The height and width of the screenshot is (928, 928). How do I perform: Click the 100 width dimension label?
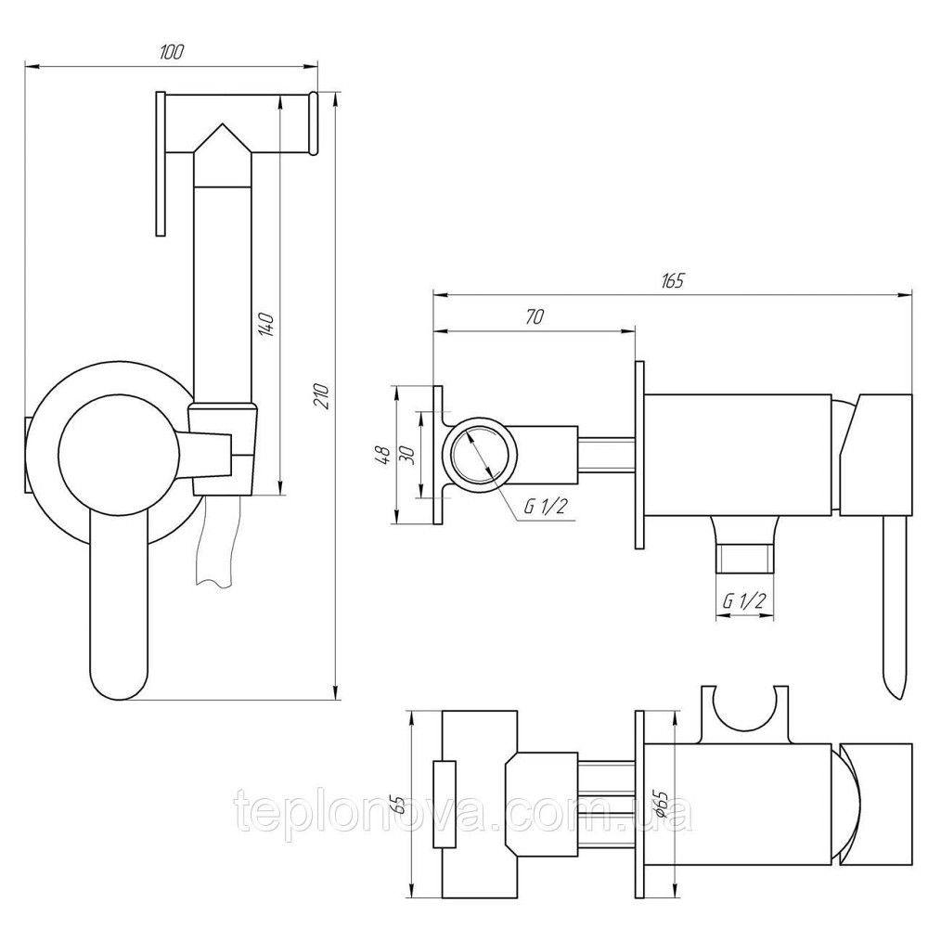[x=170, y=53]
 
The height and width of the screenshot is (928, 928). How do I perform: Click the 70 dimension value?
[x=534, y=316]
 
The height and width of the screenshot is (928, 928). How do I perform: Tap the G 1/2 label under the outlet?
[x=743, y=601]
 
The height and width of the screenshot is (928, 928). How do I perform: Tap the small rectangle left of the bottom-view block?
[x=445, y=805]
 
